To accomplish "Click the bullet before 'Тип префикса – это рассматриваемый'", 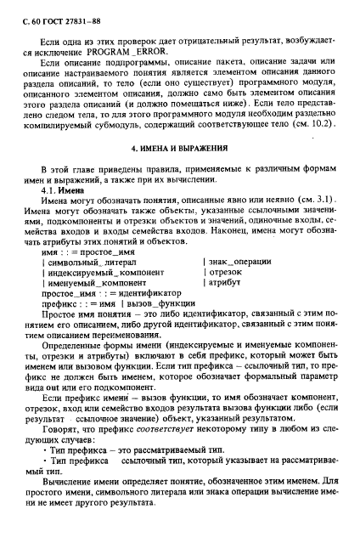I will click(42, 459).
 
